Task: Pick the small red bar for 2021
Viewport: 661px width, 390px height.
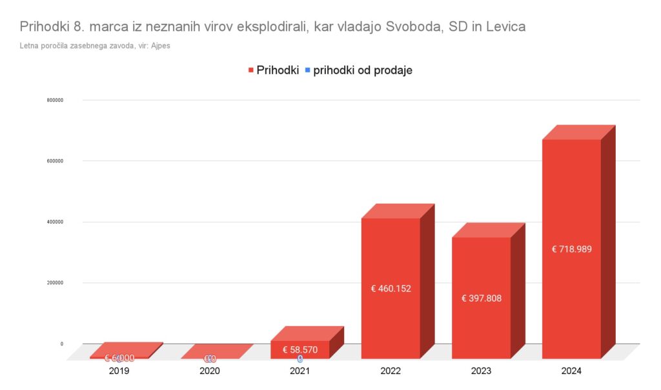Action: pos(300,349)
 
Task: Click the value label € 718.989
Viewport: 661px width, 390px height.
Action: pos(571,249)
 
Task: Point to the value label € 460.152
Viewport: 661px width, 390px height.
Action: pos(391,289)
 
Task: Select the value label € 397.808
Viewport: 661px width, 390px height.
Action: pos(481,298)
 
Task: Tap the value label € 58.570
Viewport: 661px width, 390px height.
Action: pos(300,350)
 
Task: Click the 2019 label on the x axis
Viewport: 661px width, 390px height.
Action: pos(119,371)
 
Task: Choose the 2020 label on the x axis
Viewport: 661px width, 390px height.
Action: pos(210,371)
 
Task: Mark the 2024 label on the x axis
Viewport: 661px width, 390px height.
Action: pos(571,371)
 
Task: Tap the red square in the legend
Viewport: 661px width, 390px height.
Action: pos(250,70)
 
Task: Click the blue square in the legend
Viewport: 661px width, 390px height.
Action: pos(307,70)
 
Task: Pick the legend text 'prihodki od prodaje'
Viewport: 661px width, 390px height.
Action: pos(363,70)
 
